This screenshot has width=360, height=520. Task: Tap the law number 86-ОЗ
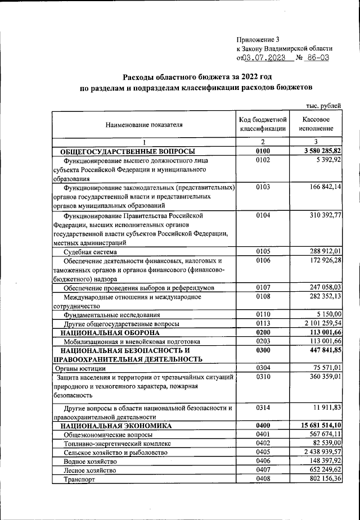(318, 57)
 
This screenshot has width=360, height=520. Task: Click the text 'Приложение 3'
(258, 39)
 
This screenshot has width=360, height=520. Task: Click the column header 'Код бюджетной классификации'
(263, 124)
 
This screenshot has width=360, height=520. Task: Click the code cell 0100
(263, 151)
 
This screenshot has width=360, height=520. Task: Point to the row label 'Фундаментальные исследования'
(112, 315)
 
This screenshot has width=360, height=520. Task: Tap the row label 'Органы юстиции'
(79, 369)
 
